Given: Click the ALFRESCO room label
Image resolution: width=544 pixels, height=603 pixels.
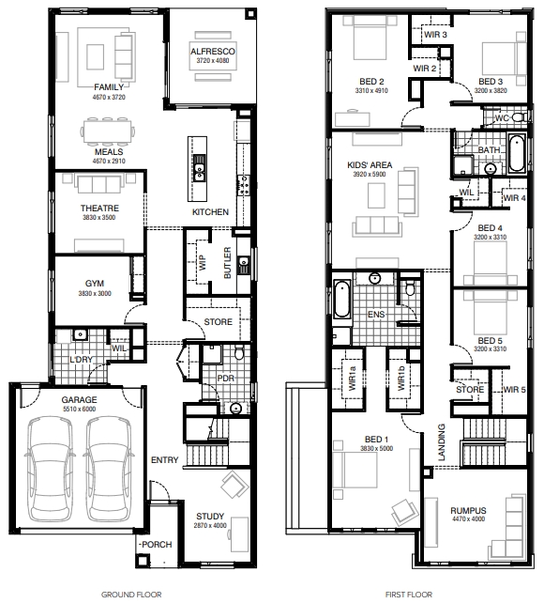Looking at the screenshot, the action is click(213, 52).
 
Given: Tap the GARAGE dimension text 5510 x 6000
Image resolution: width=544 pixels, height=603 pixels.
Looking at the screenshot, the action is click(80, 410).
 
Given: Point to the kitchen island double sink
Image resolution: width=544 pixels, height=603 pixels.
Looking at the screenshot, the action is click(199, 167).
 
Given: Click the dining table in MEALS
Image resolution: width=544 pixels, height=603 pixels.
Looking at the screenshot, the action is click(108, 131).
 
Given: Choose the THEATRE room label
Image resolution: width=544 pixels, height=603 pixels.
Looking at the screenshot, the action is click(99, 209).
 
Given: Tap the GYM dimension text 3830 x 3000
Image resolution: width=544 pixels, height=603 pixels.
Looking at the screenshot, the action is click(95, 293).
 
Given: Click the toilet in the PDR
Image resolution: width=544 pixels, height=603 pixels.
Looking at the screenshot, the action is click(239, 352).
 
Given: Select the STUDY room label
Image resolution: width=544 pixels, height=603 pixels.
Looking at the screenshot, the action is click(210, 516).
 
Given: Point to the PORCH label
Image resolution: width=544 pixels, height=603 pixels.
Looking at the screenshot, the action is click(157, 545).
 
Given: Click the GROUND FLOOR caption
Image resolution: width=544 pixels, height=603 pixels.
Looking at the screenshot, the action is click(131, 595).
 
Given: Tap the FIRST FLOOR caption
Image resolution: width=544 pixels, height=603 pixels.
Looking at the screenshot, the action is click(409, 595).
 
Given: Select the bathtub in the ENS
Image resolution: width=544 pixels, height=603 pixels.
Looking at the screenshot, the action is click(341, 300).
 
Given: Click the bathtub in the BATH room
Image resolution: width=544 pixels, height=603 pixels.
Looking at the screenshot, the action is click(517, 153).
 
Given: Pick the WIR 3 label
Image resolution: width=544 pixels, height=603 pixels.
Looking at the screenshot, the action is click(436, 35).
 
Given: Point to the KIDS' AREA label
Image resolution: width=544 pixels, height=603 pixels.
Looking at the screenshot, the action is click(370, 165).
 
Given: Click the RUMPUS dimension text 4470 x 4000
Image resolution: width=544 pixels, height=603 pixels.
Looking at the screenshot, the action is click(468, 519).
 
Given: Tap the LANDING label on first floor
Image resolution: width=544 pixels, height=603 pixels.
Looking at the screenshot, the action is click(442, 442).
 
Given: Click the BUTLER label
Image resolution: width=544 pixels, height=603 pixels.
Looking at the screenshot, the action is click(227, 263).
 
